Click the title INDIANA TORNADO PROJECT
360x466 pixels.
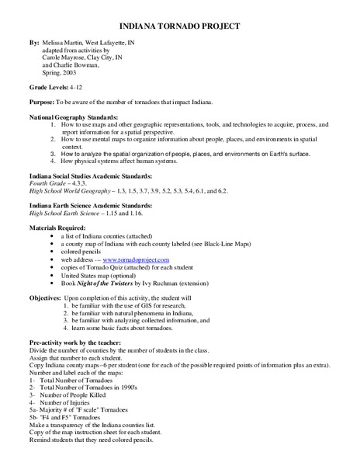180,25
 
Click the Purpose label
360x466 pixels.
42,102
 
